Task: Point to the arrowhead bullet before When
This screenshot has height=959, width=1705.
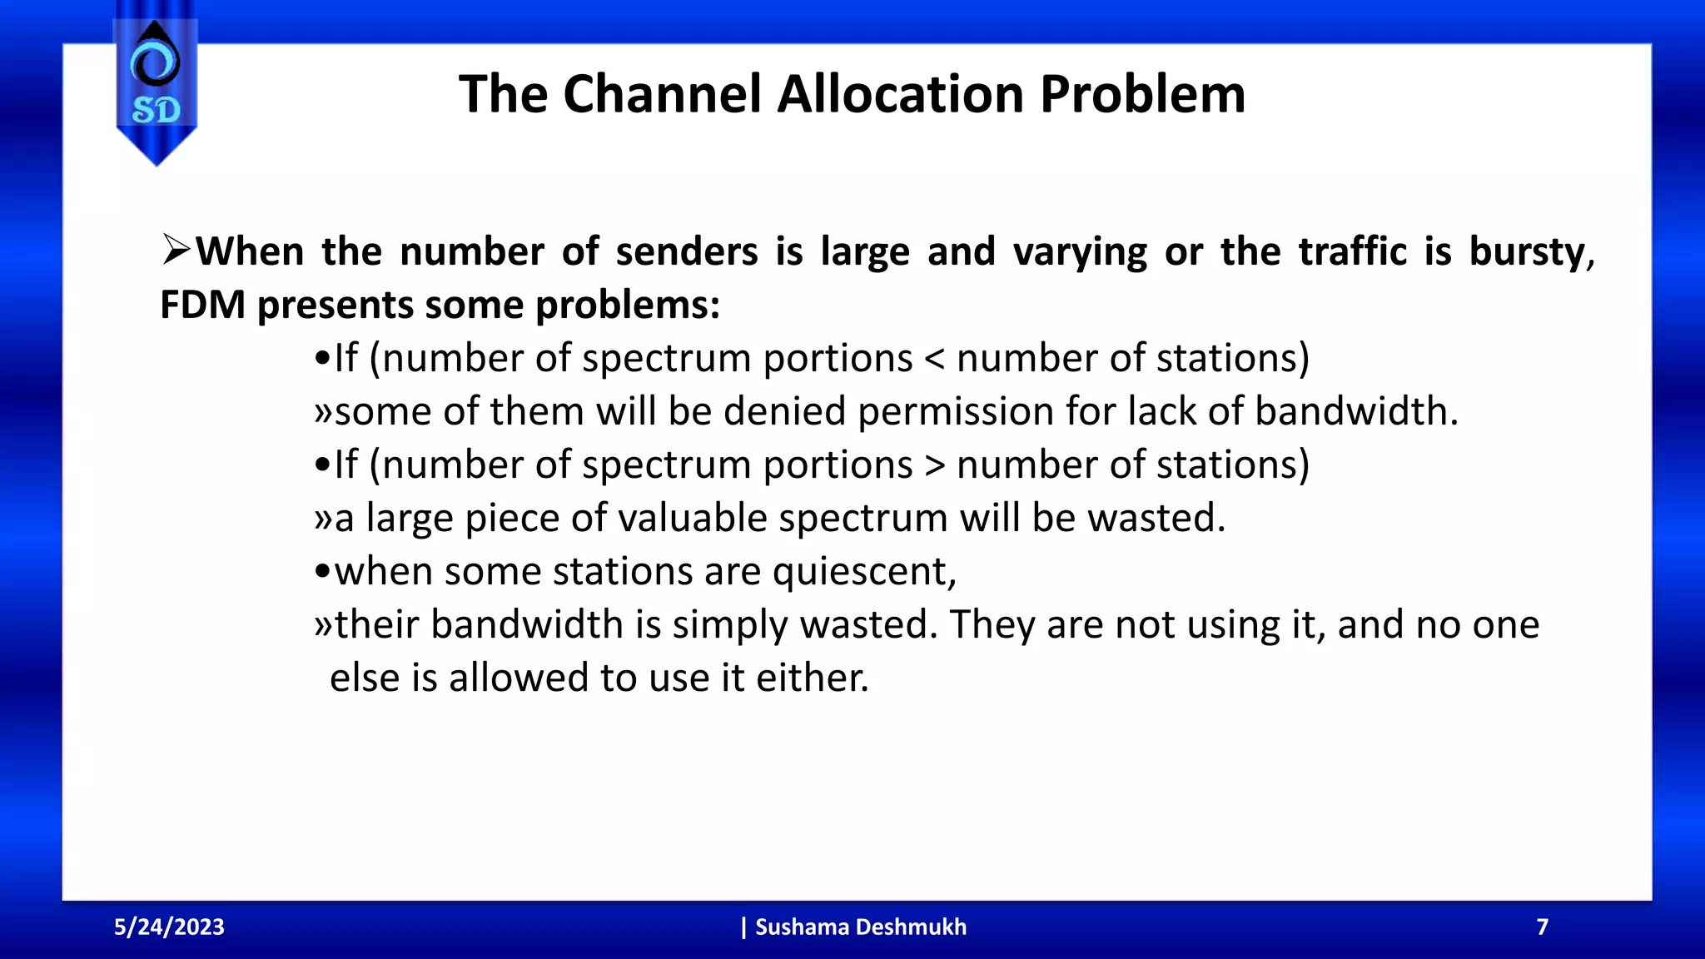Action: [x=176, y=250]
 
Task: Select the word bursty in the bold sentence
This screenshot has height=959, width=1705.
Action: [x=1529, y=252]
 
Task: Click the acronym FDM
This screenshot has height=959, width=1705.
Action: [x=202, y=305]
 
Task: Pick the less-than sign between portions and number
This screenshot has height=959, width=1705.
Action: [x=934, y=359]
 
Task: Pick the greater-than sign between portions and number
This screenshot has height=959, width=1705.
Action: [x=934, y=465]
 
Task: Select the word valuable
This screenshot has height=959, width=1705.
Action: [x=692, y=518]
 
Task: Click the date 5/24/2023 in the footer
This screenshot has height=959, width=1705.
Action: [x=169, y=927]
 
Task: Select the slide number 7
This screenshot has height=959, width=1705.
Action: [x=1542, y=927]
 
